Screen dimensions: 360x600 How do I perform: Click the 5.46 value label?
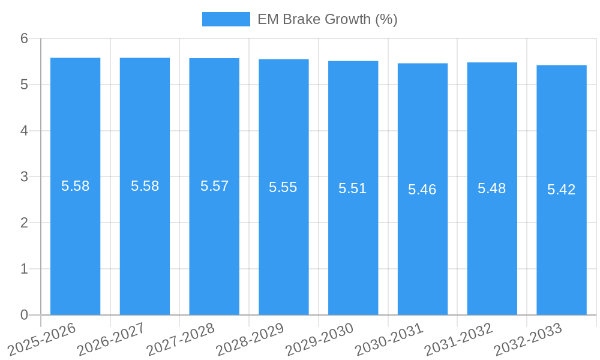[x=422, y=190]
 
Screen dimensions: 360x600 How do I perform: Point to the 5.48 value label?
[x=492, y=188]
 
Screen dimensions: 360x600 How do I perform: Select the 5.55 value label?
[x=283, y=187]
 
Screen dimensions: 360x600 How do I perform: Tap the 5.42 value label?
[x=562, y=190]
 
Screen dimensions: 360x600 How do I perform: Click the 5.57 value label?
[x=214, y=186]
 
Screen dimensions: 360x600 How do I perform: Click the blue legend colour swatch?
[x=226, y=19]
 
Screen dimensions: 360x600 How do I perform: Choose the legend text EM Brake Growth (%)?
[x=328, y=19]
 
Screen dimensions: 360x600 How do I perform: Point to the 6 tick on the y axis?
[x=24, y=38]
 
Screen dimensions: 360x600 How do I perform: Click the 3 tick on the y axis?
[x=24, y=177]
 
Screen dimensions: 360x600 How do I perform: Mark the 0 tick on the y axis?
[x=24, y=315]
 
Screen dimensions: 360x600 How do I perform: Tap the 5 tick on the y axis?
[x=24, y=85]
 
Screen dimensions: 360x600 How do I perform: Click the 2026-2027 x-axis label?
[x=112, y=340]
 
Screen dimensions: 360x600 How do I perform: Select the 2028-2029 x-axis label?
[x=250, y=340]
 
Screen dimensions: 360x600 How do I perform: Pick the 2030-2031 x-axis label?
[x=389, y=340]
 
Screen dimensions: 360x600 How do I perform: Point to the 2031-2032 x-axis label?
[x=459, y=340]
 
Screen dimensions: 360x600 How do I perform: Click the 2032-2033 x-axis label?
[x=528, y=340]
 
